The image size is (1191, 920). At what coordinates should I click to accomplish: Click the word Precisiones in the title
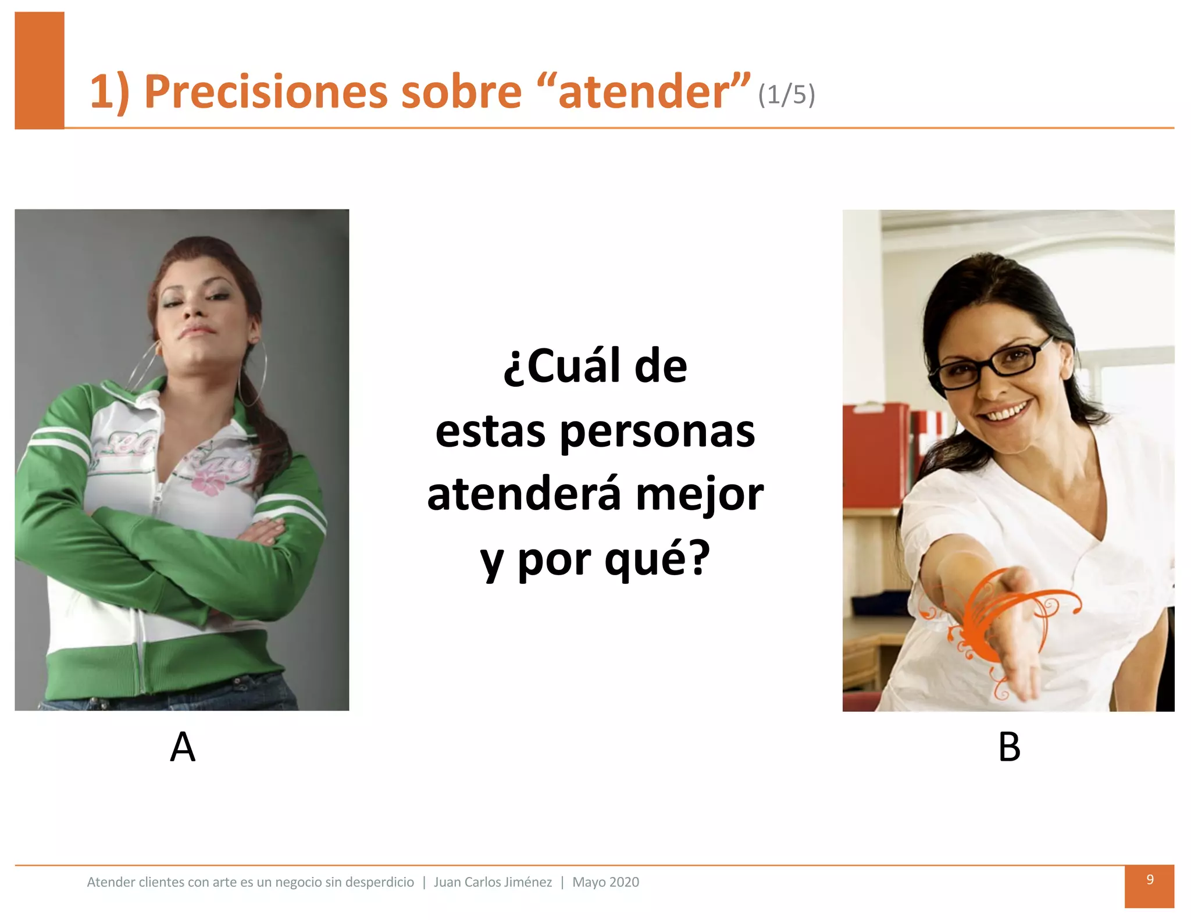(x=265, y=92)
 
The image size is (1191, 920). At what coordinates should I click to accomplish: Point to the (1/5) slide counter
(x=786, y=95)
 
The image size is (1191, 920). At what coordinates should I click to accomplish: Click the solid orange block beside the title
(x=39, y=70)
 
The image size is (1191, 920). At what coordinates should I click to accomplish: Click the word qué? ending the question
(x=657, y=558)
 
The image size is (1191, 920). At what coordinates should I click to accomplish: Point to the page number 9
(x=1150, y=880)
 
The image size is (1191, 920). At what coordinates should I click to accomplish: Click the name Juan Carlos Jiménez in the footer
(x=493, y=882)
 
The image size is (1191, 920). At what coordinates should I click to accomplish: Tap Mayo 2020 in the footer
(x=605, y=882)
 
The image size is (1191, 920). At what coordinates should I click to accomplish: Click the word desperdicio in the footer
(x=380, y=882)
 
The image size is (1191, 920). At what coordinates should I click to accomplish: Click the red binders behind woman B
(x=875, y=454)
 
